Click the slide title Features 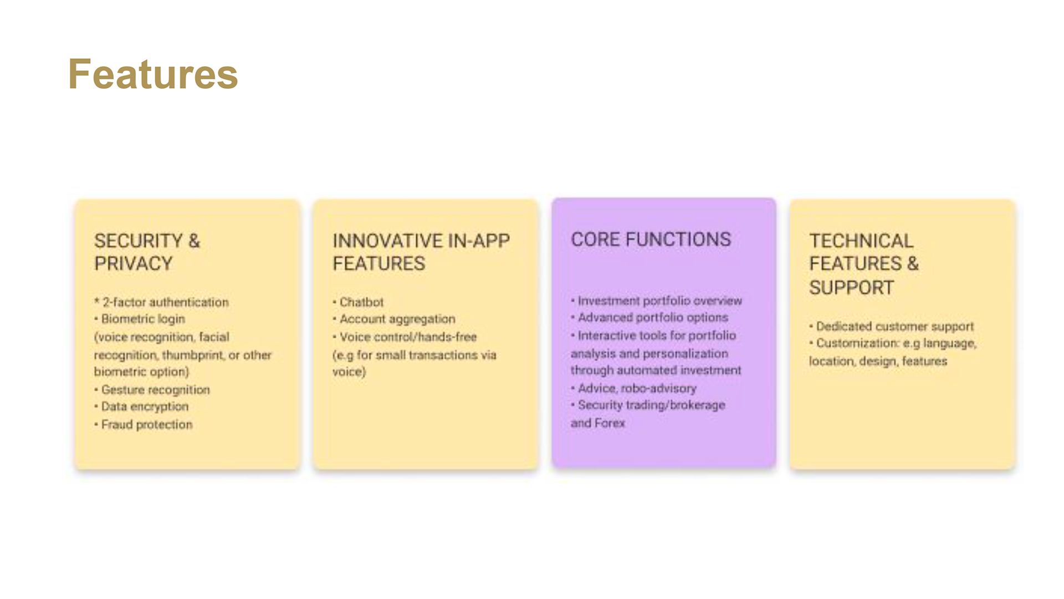click(153, 74)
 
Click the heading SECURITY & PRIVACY click(147, 252)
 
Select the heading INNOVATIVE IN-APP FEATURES click(421, 252)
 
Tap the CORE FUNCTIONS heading click(651, 240)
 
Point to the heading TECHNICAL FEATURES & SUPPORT click(864, 264)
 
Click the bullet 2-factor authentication click(161, 302)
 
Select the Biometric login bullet click(140, 319)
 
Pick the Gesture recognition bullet click(152, 390)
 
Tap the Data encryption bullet click(142, 407)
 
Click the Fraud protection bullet click(144, 424)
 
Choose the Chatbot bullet click(359, 302)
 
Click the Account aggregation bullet click(394, 319)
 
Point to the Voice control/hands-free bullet click(405, 337)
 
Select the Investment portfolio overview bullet click(657, 301)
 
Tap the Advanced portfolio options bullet click(649, 317)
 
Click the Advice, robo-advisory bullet click(634, 388)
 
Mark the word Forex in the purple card click(610, 423)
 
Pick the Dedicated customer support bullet click(892, 327)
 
